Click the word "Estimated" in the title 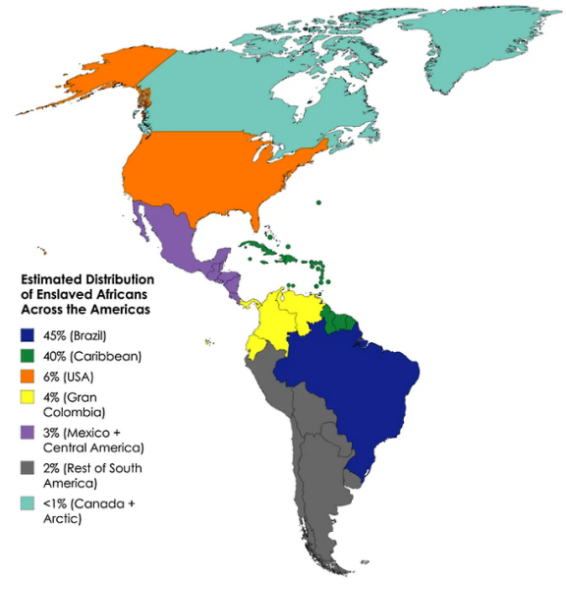(54, 279)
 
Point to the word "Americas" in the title (123, 309)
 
